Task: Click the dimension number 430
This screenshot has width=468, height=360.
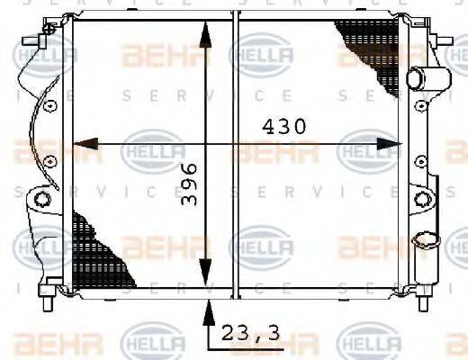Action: click(283, 127)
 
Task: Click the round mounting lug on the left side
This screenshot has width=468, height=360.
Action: click(41, 197)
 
